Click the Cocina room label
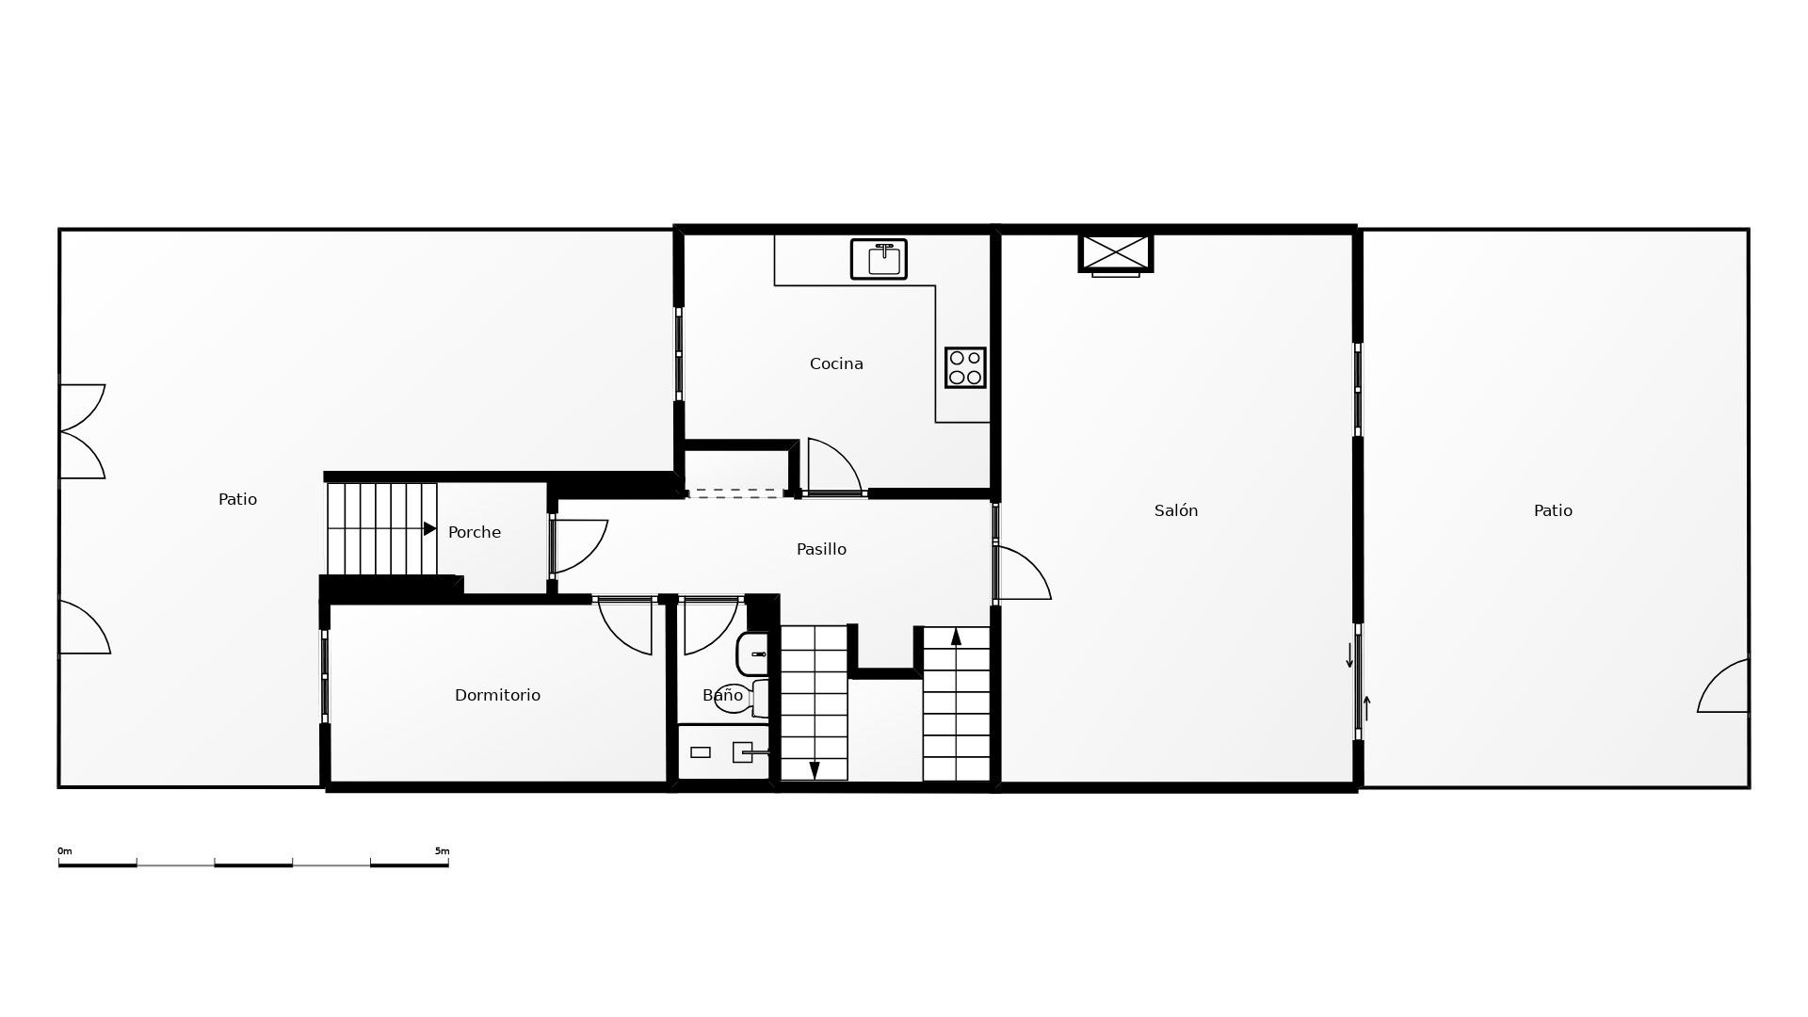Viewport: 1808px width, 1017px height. tap(836, 363)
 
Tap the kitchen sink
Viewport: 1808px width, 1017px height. tap(879, 259)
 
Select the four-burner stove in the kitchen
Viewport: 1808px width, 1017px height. tap(965, 367)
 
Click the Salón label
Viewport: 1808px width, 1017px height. tap(1176, 510)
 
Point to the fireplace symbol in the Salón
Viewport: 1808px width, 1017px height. tap(1116, 253)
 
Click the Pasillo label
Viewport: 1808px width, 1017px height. tap(821, 549)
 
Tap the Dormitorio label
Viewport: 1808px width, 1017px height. tap(497, 695)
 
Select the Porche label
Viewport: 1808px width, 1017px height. tap(475, 532)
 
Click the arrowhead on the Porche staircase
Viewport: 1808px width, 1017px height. tap(429, 529)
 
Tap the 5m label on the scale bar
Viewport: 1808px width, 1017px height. tap(442, 851)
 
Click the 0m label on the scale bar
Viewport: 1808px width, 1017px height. tap(65, 851)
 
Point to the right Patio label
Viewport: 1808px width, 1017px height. tap(1553, 510)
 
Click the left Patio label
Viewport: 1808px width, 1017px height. tap(237, 499)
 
